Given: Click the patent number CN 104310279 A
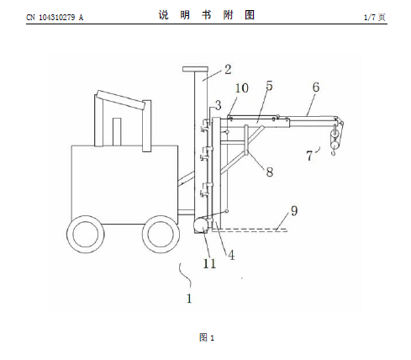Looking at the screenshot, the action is tap(55, 18).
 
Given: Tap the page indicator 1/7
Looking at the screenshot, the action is tap(370, 18).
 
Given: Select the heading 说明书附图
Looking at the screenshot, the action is tap(207, 15).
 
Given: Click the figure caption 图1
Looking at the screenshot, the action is tap(207, 337).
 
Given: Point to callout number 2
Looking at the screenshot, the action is tap(228, 70).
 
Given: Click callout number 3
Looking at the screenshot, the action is tap(219, 105).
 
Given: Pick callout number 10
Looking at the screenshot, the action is tap(241, 88).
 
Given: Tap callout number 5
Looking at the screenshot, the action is tap(269, 86).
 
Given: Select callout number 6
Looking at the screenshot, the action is tap(316, 87).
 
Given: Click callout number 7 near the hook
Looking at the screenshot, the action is tap(309, 156).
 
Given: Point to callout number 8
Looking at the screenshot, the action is tap(270, 172).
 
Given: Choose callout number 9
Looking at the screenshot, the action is tap(294, 210).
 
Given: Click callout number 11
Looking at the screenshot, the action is tap(209, 263).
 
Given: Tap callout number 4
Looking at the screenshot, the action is tap(231, 255).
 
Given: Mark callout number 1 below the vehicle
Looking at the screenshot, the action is tap(189, 299).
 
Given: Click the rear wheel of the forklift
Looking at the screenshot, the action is tap(86, 235).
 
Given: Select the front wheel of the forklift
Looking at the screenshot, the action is tap(161, 235).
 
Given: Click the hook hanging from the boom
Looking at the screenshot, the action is tap(334, 151).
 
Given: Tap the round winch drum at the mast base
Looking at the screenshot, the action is tap(201, 225).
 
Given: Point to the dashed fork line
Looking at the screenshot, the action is tap(250, 230).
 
